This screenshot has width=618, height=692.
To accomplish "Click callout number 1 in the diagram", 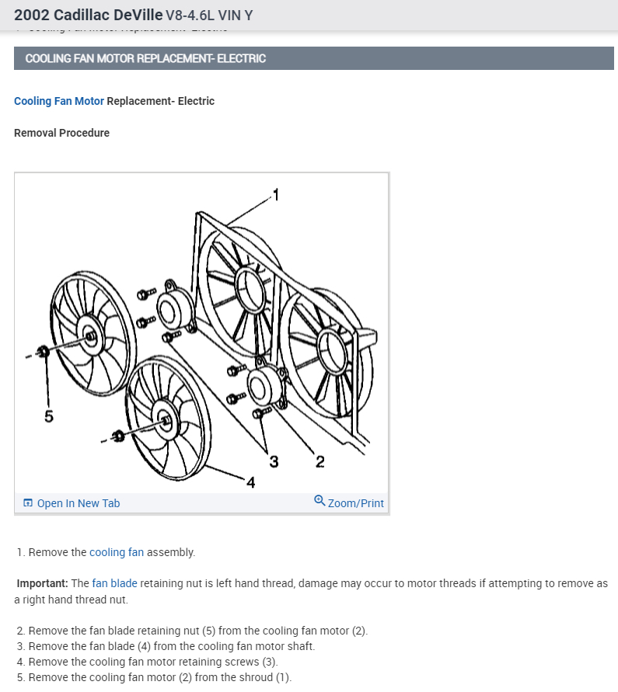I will coord(274,194).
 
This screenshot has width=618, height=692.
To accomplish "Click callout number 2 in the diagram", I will coord(319,463).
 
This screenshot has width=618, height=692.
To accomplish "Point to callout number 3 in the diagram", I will coord(274,462).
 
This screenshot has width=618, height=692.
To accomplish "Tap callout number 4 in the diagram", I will coord(250,483).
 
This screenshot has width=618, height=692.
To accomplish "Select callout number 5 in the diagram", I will coord(49,416).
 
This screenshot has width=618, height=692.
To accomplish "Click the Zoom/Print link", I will coord(355,503).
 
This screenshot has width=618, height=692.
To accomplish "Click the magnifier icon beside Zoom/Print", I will coord(319,501).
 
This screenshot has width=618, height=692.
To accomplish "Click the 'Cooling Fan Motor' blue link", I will coord(59,101).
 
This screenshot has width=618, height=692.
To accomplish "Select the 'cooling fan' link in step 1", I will coord(117,553).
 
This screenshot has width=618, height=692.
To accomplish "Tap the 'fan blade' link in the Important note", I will coord(114,583).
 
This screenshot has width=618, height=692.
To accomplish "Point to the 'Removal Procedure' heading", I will coord(61,133).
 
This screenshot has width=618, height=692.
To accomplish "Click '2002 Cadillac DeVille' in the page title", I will coord(89,15).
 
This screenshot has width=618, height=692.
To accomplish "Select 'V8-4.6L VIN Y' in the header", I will coord(209,16).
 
